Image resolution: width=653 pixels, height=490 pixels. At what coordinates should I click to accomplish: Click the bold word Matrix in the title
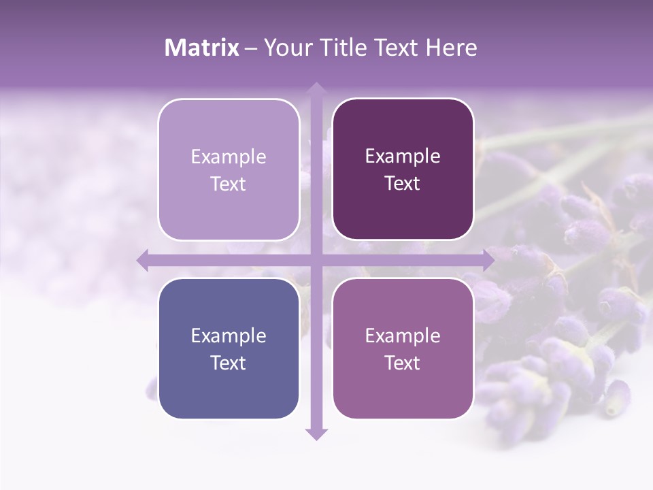(x=202, y=48)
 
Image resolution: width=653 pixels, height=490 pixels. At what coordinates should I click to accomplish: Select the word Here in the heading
(x=451, y=48)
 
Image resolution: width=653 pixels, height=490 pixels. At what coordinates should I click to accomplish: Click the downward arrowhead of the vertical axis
(x=316, y=434)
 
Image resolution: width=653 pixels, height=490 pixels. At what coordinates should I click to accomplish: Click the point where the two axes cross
(x=316, y=260)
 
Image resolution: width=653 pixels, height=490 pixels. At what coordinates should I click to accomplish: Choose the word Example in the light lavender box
(x=229, y=157)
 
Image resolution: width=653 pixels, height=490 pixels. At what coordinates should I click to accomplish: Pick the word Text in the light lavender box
(x=229, y=184)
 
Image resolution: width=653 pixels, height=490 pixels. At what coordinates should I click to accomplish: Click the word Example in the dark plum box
(x=403, y=156)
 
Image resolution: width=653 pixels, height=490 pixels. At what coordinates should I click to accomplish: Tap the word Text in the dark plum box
(x=403, y=183)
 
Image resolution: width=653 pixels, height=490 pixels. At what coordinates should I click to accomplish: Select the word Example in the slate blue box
(x=229, y=336)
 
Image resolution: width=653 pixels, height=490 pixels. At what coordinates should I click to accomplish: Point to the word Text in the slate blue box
(x=229, y=363)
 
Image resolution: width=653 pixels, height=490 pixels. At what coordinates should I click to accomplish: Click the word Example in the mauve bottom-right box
(x=403, y=336)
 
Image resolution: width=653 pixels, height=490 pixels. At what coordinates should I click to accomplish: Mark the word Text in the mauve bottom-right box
(x=403, y=363)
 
